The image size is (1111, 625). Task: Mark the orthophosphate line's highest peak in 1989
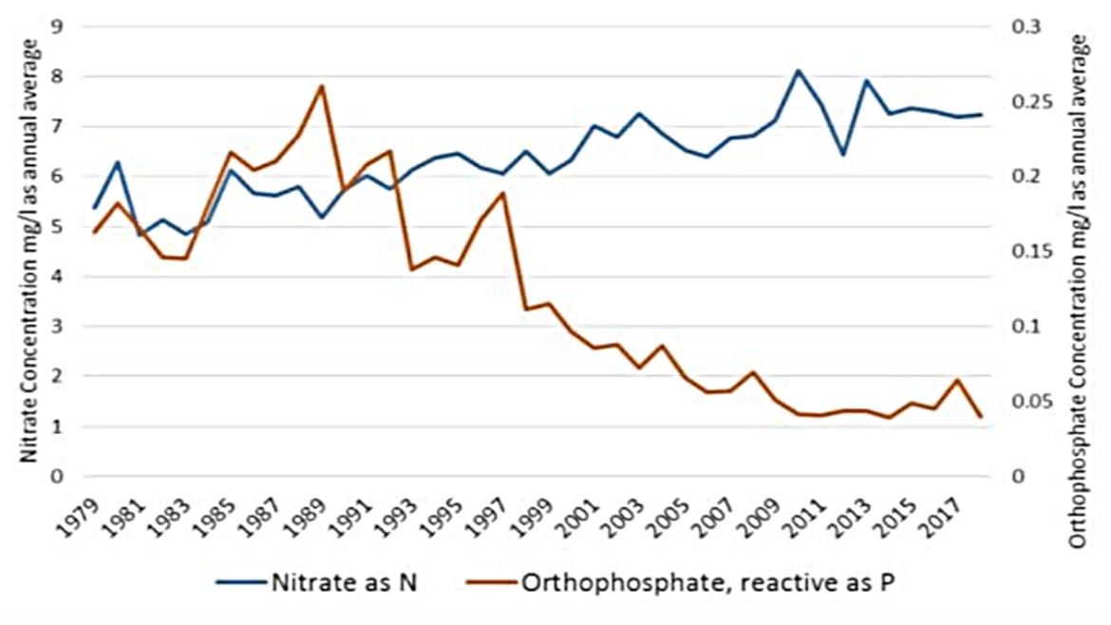click(321, 85)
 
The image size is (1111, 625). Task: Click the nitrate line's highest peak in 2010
click(799, 70)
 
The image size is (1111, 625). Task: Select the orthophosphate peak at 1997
click(502, 193)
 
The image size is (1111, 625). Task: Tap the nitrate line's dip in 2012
click(843, 154)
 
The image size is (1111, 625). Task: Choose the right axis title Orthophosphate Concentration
click(1079, 290)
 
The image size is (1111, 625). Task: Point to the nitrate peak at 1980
click(117, 162)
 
